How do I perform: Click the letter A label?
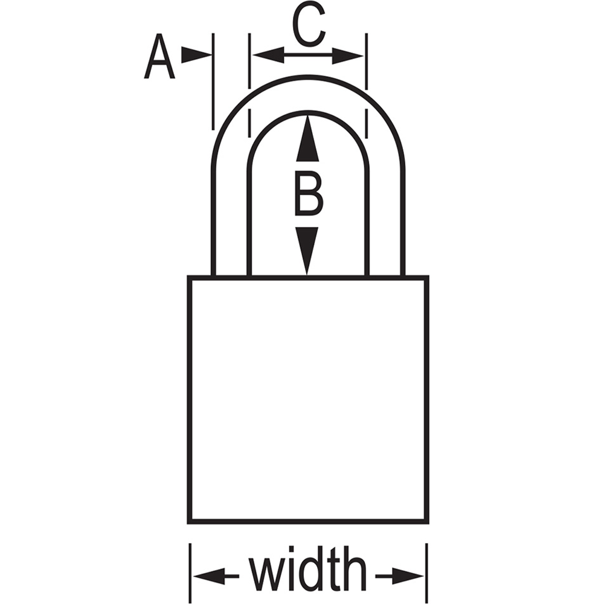click(159, 57)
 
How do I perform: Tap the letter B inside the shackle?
click(308, 193)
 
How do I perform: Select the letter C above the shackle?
click(309, 25)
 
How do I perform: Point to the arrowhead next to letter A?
click(196, 55)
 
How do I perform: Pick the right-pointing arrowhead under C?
click(348, 56)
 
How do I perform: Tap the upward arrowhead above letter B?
click(307, 138)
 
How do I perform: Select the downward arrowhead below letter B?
click(307, 251)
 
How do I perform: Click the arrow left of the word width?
click(216, 576)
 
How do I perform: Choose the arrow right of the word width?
click(399, 576)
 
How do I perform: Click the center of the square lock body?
click(308, 399)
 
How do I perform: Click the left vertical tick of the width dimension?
click(190, 573)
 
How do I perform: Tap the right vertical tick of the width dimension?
click(427, 573)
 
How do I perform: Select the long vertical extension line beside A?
click(213, 82)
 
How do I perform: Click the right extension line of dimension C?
click(367, 86)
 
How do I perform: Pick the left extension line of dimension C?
click(249, 86)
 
